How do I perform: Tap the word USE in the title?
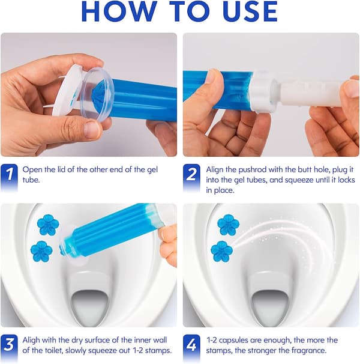(x=250, y=11)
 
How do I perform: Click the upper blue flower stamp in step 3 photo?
(x=48, y=225)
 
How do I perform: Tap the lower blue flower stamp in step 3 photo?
(x=41, y=252)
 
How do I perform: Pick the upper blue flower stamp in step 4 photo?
(x=228, y=225)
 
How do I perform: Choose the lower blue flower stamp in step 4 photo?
(x=222, y=252)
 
